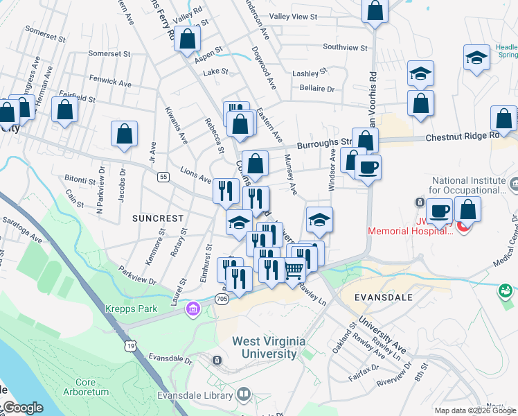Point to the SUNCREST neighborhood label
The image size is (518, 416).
pyautogui.click(x=158, y=218)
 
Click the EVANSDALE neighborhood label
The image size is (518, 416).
pyautogui.click(x=383, y=297)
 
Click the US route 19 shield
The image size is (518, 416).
pyautogui.click(x=130, y=345)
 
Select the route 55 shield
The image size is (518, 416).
pyautogui.click(x=163, y=177)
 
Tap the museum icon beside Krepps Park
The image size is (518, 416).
pyautogui.click(x=193, y=309)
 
